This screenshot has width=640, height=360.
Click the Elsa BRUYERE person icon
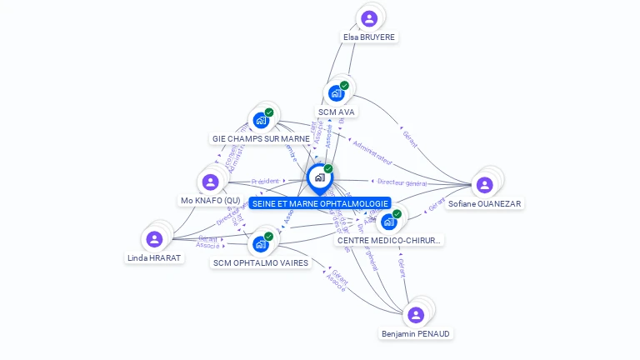[x=369, y=18]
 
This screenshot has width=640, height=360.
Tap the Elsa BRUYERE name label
[x=369, y=37]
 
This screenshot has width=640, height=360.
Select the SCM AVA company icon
[x=337, y=92]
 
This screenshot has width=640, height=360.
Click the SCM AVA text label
[x=337, y=112]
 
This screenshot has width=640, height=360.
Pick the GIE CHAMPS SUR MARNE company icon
[x=262, y=120]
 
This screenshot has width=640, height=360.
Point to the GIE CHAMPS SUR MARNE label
[x=261, y=138]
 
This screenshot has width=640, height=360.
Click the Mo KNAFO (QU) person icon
[x=210, y=182]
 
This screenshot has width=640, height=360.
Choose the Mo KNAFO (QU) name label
[x=211, y=200]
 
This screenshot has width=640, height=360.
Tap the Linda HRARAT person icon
[x=154, y=239]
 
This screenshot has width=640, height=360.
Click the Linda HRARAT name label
[x=154, y=257]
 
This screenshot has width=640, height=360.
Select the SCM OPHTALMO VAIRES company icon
[x=261, y=244]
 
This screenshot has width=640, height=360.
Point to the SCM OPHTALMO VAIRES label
[x=261, y=262]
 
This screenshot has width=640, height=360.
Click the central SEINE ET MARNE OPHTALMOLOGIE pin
[x=319, y=177]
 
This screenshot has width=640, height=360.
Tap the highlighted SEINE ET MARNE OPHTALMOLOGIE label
[x=320, y=203]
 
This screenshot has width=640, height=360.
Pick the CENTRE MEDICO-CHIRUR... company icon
[x=389, y=222]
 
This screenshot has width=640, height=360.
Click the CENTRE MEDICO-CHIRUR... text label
[x=389, y=240]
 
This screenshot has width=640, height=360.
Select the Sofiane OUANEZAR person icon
[x=485, y=185]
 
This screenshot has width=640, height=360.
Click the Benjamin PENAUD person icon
[x=416, y=315]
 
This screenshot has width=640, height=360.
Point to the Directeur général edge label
[x=402, y=182]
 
